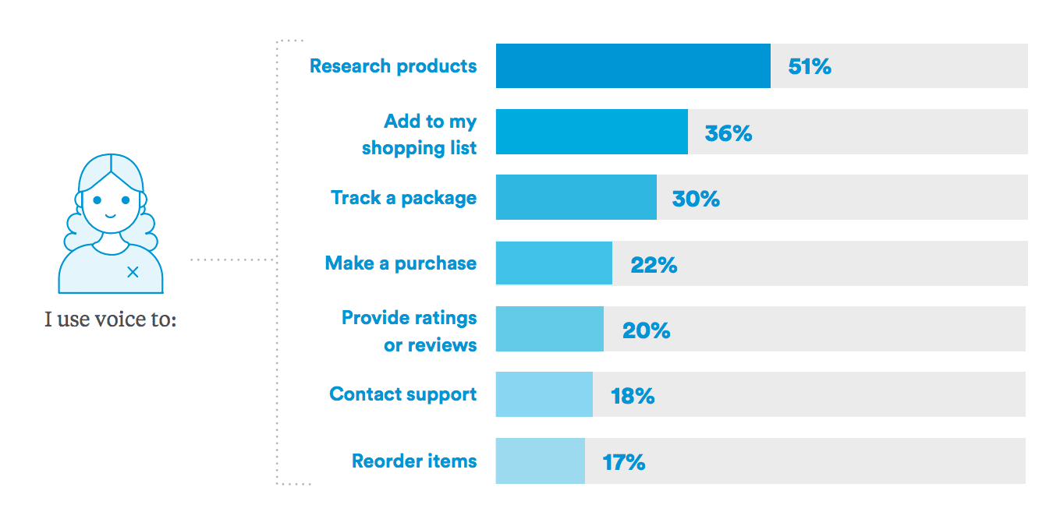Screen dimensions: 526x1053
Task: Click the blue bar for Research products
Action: click(x=633, y=66)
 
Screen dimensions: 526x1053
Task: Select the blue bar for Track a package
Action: click(x=576, y=198)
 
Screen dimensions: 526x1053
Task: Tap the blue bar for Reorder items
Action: click(x=540, y=461)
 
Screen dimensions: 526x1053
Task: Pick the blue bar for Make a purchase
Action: click(x=554, y=263)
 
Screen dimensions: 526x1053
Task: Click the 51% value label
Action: click(x=810, y=67)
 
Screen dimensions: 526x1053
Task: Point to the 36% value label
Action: click(x=728, y=133)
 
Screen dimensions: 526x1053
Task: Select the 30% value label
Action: click(x=696, y=199)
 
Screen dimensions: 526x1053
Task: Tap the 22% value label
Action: click(x=654, y=265)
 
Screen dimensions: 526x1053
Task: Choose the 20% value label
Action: click(x=646, y=330)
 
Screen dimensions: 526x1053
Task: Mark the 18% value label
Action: click(x=633, y=396)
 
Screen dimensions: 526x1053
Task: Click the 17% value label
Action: click(x=623, y=462)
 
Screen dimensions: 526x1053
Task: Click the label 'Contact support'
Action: click(x=402, y=394)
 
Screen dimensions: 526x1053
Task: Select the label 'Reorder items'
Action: click(x=414, y=461)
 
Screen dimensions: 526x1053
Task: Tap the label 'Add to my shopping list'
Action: click(x=420, y=134)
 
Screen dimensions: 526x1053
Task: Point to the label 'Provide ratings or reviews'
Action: click(x=409, y=331)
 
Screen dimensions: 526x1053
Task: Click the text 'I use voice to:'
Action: click(x=111, y=319)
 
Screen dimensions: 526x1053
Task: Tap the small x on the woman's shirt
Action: click(x=133, y=271)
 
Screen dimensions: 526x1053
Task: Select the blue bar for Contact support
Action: click(x=544, y=395)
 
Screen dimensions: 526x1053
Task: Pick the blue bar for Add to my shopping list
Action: click(x=591, y=132)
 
